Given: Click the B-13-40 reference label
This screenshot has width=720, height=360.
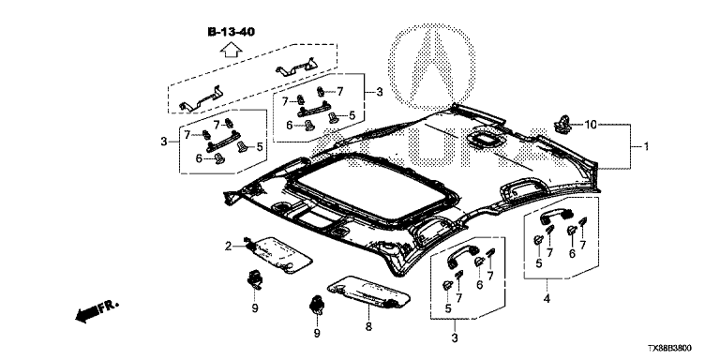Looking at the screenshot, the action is pos(232,32).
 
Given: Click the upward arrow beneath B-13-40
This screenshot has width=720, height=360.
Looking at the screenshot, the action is pos(231,49).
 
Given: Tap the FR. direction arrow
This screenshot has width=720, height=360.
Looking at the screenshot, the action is pos(97,311).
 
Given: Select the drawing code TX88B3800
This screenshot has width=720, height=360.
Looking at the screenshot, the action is pos(669,349).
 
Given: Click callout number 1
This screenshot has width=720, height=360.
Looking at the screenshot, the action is pos(646,147).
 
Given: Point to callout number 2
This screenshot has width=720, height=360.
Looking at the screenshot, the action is pos(228,247).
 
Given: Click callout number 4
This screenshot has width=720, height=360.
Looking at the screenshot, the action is pos(547,299).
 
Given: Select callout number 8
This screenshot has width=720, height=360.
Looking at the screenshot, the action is pos(368,326).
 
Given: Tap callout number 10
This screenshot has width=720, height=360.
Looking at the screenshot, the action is pos(591,124).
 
